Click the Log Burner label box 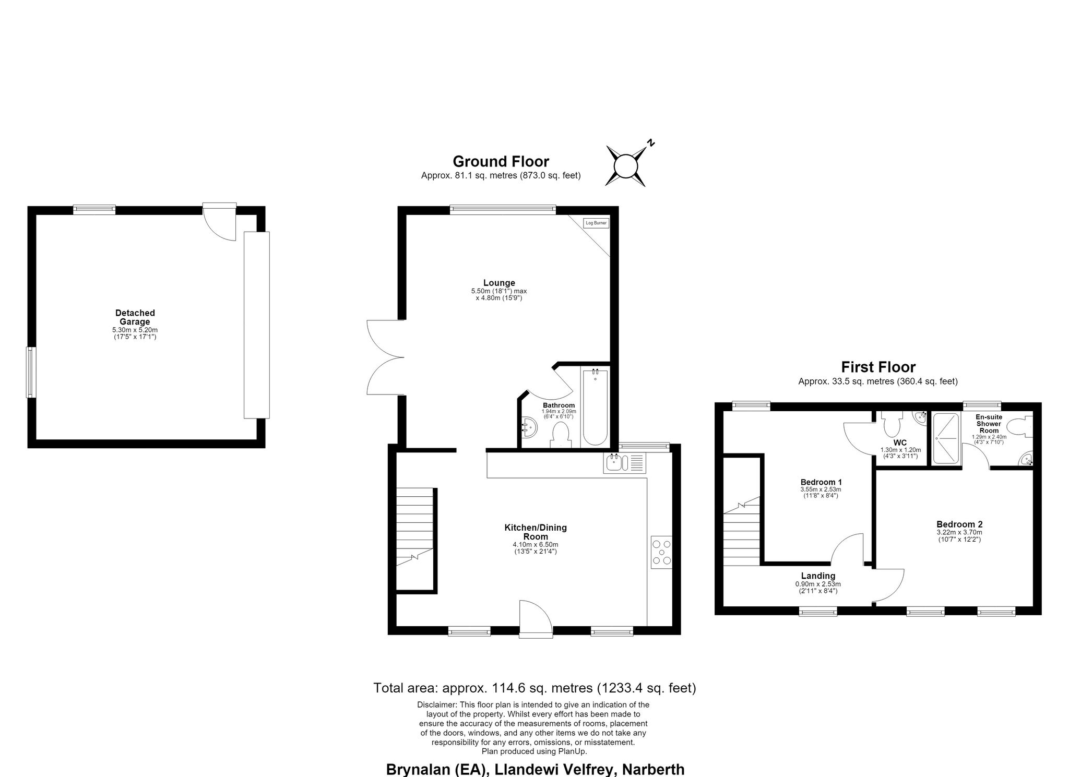tap(596, 223)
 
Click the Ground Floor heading tap(501, 161)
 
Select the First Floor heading tap(878, 367)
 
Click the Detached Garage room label tap(135, 317)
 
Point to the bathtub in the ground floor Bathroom tap(595, 407)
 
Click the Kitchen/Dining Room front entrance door tap(536, 619)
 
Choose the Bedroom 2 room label tap(959, 524)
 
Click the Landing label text tap(818, 576)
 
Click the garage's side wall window tap(31, 373)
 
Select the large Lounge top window tap(503, 210)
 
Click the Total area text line tap(534, 688)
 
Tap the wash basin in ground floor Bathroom tap(529, 427)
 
